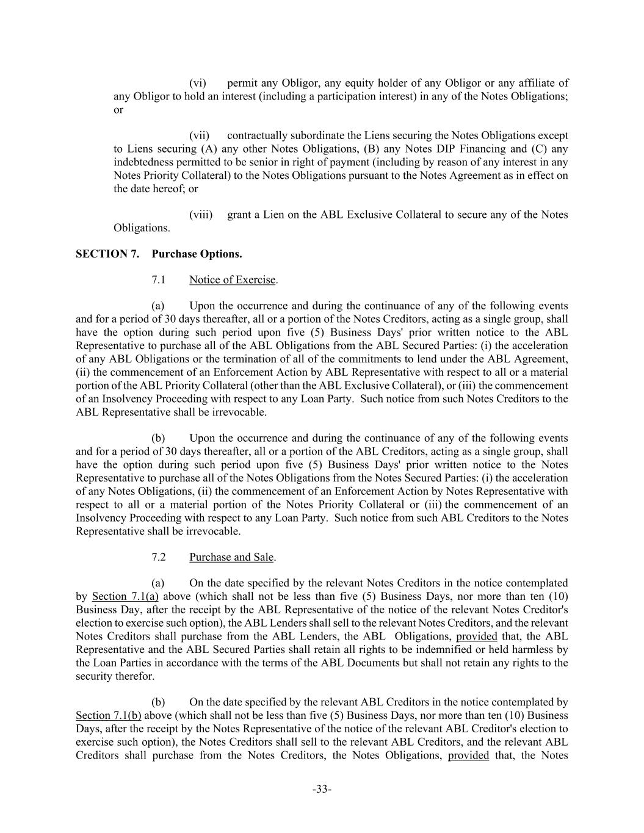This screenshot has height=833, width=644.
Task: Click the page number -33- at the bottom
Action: (322, 790)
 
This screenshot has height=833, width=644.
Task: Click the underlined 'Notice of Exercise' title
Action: (232, 280)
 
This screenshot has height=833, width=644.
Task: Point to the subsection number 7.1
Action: (158, 280)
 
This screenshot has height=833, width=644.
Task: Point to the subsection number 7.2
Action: (158, 557)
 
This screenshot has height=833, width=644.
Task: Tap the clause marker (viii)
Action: (201, 215)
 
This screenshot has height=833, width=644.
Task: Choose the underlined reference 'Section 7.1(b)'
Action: (109, 716)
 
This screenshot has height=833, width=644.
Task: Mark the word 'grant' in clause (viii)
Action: (239, 215)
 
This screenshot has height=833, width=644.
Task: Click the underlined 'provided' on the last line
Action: (468, 755)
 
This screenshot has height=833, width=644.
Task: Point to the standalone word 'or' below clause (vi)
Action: (118, 110)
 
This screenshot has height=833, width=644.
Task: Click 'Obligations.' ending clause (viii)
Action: (142, 228)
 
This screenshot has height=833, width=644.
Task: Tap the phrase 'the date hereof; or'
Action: (156, 189)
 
